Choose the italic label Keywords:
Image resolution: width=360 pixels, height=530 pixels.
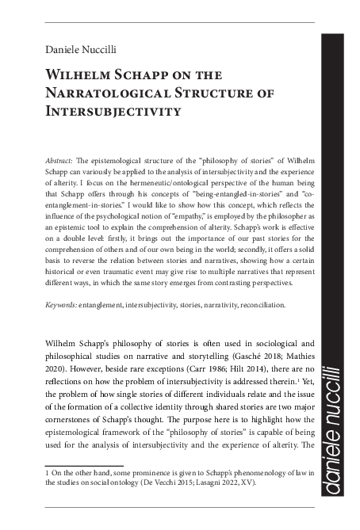coord(64,304)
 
